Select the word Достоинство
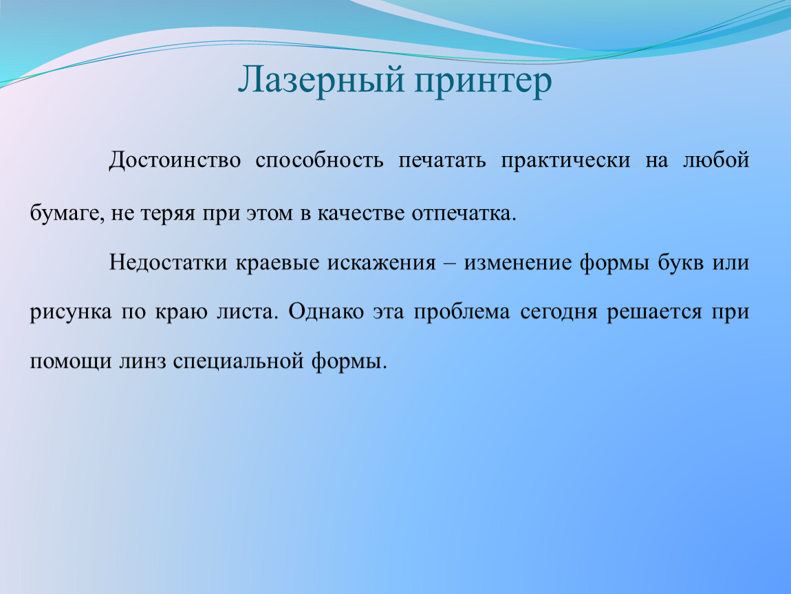(175, 161)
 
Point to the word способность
(319, 160)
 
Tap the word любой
(716, 160)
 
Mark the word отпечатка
(464, 214)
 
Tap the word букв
(680, 262)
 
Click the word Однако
(327, 311)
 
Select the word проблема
(462, 312)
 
